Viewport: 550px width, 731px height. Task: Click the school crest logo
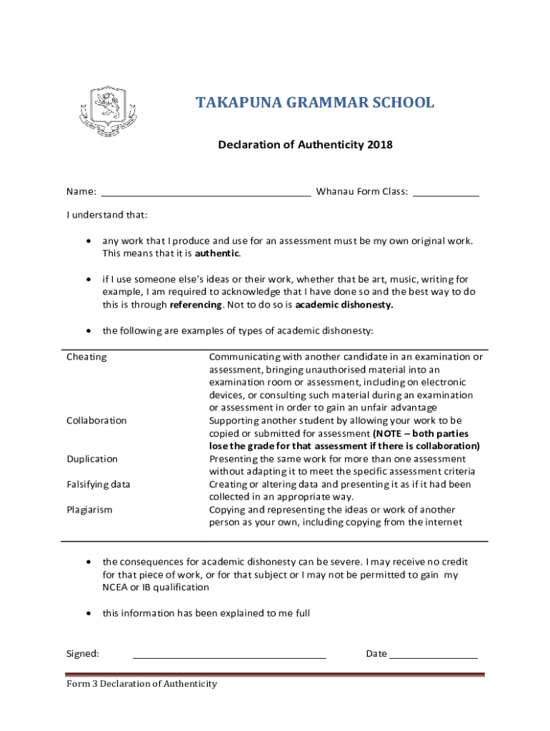[x=106, y=111]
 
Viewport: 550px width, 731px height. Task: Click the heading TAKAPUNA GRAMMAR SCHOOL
[x=315, y=103]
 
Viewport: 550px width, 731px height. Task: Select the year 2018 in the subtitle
[x=380, y=145]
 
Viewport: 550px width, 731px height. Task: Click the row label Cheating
[x=86, y=356]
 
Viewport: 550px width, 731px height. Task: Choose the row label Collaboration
[x=96, y=420]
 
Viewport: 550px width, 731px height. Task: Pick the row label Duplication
[x=92, y=459]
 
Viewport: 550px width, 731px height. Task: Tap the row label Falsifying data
[x=99, y=485]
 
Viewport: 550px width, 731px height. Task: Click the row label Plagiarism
[x=89, y=510]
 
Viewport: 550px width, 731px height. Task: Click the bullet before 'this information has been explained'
[x=88, y=613]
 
